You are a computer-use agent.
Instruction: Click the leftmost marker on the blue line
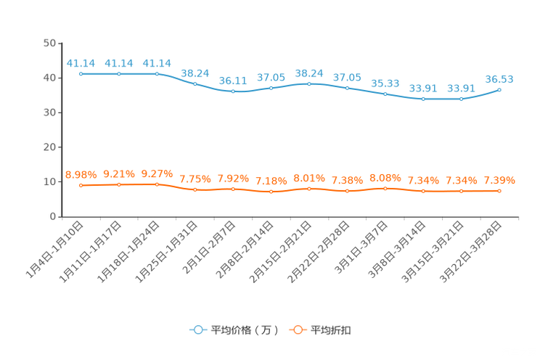coord(81,74)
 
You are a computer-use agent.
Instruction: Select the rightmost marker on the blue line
coord(499,89)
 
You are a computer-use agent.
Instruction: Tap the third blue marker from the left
coord(157,74)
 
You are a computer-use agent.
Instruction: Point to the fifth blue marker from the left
coord(233,92)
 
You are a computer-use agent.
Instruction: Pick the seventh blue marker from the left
coord(309,83)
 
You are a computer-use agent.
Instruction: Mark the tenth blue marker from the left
coord(423,99)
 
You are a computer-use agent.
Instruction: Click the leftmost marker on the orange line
coord(81,186)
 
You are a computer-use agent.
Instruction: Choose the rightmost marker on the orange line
coord(499,192)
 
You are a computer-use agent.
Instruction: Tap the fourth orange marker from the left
coord(195,190)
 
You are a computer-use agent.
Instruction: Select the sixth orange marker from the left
coord(271,192)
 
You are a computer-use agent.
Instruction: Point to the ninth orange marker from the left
coord(385,189)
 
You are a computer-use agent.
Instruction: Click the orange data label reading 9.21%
coord(119,173)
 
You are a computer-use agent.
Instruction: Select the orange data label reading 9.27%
coord(157,173)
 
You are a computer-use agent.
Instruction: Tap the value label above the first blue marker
coord(81,62)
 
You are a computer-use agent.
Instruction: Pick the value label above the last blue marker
coord(499,78)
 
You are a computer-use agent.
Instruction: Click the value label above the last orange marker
coord(499,181)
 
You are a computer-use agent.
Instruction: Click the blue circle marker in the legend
coord(198,330)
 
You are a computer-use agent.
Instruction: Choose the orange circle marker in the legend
coord(297,330)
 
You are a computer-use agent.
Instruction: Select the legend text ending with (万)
coord(244,330)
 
